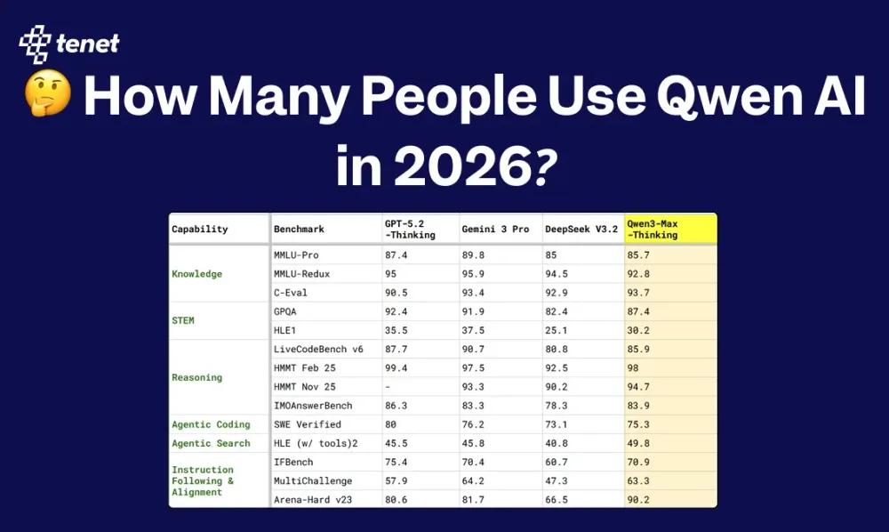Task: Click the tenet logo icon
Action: pyautogui.click(x=36, y=44)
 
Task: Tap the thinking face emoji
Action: pyautogui.click(x=48, y=93)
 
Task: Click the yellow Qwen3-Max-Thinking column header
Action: pyautogui.click(x=670, y=230)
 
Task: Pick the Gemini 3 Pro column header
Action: pyautogui.click(x=495, y=230)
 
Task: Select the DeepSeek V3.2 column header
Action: pyautogui.click(x=581, y=230)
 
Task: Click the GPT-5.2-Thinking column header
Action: pyautogui.click(x=410, y=230)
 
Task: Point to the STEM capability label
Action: pyautogui.click(x=183, y=320)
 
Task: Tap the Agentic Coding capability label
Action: pyautogui.click(x=211, y=424)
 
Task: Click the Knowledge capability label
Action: pyautogui.click(x=196, y=274)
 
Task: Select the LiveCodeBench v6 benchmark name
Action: pyautogui.click(x=318, y=349)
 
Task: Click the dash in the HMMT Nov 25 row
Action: pyautogui.click(x=388, y=387)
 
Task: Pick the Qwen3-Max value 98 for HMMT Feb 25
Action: pyautogui.click(x=633, y=368)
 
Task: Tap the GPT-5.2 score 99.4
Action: pyautogui.click(x=396, y=368)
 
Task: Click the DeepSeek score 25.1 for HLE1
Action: pyautogui.click(x=557, y=330)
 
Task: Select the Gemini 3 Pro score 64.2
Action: pyautogui.click(x=473, y=481)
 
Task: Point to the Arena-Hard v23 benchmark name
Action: pyautogui.click(x=312, y=500)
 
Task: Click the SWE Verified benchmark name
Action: pyautogui.click(x=308, y=424)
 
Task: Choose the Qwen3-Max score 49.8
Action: pyautogui.click(x=638, y=444)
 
